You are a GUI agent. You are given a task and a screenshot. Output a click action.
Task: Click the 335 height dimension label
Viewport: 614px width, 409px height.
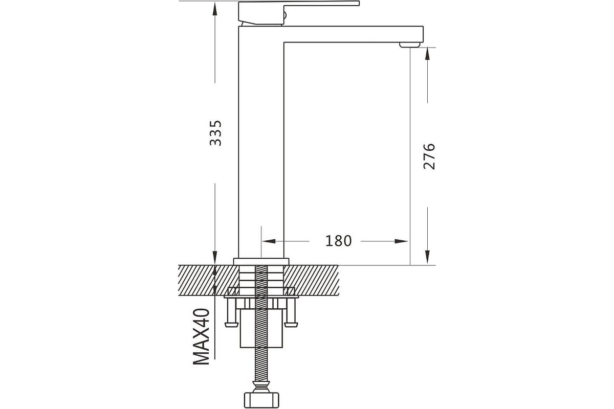(x=215, y=133)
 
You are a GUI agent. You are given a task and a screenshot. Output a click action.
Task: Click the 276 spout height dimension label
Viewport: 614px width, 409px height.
(x=429, y=156)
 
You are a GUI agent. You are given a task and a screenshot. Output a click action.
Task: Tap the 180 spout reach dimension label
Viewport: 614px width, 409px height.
(x=338, y=241)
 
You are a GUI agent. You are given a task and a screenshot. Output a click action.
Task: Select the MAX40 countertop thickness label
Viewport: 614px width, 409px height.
(x=201, y=337)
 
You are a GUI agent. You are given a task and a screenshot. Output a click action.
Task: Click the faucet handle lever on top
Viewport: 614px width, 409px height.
(x=299, y=12)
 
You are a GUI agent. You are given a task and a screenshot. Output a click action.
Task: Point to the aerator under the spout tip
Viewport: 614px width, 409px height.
(x=409, y=45)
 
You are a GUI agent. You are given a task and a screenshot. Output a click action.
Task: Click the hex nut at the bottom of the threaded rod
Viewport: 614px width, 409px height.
(x=261, y=400)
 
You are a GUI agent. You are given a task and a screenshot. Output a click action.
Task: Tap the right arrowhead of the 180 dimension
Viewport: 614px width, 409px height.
(x=401, y=241)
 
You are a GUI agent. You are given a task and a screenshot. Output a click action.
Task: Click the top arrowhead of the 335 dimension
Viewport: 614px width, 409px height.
(x=215, y=10)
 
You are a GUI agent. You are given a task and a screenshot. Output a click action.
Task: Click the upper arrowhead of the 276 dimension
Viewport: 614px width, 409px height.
(x=427, y=54)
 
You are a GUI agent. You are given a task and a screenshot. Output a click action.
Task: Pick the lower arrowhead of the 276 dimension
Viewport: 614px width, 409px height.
(x=427, y=257)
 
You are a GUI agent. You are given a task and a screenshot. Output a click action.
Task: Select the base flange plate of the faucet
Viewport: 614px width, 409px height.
(x=261, y=261)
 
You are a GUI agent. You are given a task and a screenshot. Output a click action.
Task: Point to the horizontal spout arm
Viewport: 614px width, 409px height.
(x=354, y=34)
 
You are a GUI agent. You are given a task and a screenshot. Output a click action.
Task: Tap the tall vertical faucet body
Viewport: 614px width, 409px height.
(x=261, y=143)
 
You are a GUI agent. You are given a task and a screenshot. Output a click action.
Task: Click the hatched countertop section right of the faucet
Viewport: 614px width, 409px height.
(x=312, y=280)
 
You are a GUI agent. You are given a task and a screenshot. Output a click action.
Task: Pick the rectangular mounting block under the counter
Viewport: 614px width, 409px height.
(x=261, y=329)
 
